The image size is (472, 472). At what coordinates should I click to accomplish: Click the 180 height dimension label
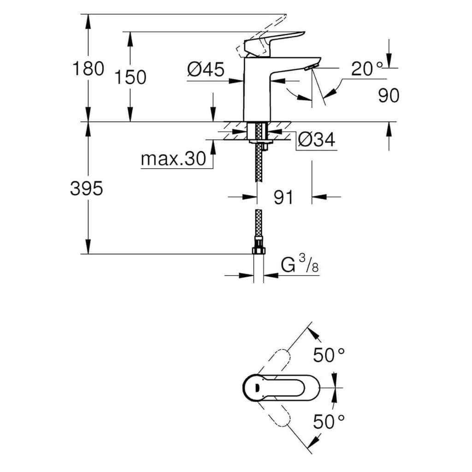point(88,69)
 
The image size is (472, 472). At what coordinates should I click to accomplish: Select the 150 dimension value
point(130,77)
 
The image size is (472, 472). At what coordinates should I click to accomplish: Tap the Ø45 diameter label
point(206,70)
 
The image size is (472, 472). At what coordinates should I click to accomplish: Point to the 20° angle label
point(367,69)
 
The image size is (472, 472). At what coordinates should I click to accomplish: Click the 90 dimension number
point(389,96)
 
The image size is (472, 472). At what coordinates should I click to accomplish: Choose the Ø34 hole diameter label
point(316,139)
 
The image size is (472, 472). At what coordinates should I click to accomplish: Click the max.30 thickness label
point(172,159)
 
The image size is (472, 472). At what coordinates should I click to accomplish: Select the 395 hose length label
point(86,189)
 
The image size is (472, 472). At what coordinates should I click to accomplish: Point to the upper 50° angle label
point(329,355)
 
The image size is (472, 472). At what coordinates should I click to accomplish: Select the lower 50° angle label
point(329,421)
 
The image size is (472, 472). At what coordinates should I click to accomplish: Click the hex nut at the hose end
point(259,250)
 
